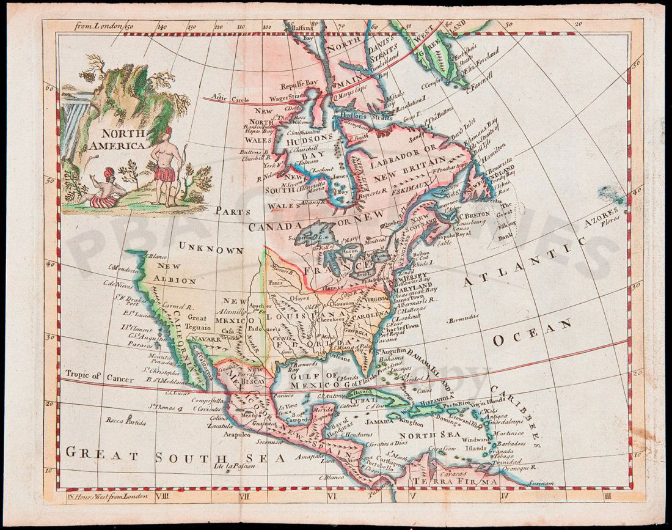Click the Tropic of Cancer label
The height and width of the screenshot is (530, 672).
click(x=90, y=375)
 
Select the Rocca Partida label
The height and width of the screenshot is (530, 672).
click(x=126, y=421)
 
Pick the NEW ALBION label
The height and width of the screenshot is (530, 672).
click(x=177, y=274)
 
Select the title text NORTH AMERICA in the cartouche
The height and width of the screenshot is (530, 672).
click(x=117, y=139)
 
